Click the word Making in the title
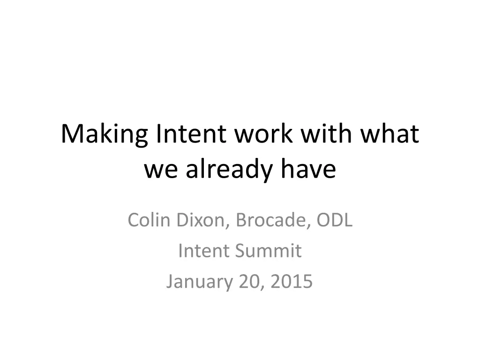tap(105, 135)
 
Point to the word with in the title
tap(326, 133)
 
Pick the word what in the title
tap(390, 133)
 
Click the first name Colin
tap(149, 220)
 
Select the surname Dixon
tap(201, 220)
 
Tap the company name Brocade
tap(271, 220)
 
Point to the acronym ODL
tap(334, 220)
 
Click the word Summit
tap(268, 251)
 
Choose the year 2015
tap(292, 281)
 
